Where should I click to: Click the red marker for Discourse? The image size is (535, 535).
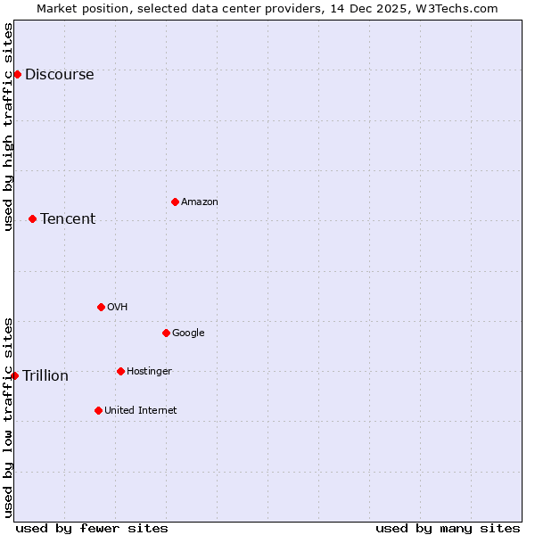coord(17,74)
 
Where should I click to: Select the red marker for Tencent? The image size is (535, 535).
coord(32,218)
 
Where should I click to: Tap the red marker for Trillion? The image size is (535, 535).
coord(14,375)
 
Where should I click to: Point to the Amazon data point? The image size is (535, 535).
coord(175,202)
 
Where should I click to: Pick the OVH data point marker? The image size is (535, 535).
coord(101,307)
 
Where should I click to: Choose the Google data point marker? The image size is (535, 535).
coord(166,333)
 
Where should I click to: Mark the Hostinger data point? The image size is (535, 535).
coord(120,371)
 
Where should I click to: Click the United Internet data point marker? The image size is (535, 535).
coord(98,410)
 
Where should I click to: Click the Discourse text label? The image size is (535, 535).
coord(59,75)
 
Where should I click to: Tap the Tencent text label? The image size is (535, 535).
coord(68,219)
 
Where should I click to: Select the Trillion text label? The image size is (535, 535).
coord(45,376)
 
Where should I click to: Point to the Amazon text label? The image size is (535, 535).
coord(200,202)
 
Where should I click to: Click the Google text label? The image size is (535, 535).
coord(188,333)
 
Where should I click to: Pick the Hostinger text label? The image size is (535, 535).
coord(149,372)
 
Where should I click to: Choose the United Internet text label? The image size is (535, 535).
coord(141,411)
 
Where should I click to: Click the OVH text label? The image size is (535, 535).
coord(117,308)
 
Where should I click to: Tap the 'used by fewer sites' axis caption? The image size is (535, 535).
coord(92,528)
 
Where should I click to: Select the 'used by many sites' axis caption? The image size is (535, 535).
coord(448,528)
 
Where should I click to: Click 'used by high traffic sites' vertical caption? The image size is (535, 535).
coord(8,127)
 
